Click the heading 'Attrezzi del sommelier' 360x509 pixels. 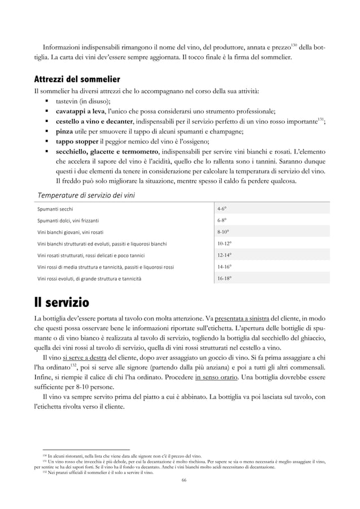[77, 77]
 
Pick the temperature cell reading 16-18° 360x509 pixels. [225, 278]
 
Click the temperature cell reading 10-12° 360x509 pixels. [225, 243]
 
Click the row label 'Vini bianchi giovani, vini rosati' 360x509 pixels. [76, 232]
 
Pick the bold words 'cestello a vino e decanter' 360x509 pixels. [94, 121]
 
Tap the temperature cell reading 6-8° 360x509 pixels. [223, 220]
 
